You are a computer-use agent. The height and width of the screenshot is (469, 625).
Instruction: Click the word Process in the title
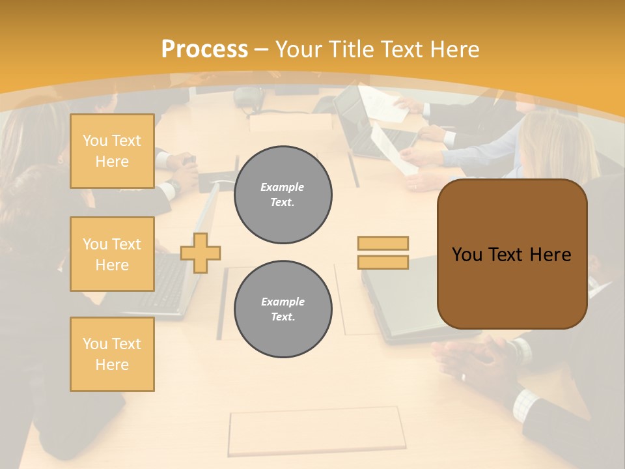[204, 49]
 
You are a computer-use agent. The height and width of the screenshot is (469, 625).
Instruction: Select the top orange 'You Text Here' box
[112, 151]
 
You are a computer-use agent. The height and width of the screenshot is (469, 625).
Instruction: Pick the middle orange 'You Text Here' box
[112, 254]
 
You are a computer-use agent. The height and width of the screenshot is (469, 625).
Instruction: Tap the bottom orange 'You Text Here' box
[112, 354]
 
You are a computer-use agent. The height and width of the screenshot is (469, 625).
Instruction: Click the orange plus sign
[201, 253]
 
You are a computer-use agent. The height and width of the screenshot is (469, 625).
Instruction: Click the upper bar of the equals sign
[383, 244]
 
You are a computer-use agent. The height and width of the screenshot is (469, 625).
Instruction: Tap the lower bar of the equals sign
[383, 263]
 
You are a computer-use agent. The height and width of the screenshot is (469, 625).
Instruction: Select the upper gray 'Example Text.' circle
[283, 195]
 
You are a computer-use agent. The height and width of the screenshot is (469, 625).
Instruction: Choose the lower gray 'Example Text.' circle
[283, 309]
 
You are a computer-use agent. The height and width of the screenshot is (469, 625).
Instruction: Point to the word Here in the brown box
[550, 255]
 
